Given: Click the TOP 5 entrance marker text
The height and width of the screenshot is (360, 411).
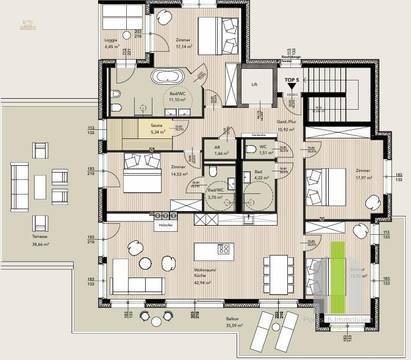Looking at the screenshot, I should (290, 77).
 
